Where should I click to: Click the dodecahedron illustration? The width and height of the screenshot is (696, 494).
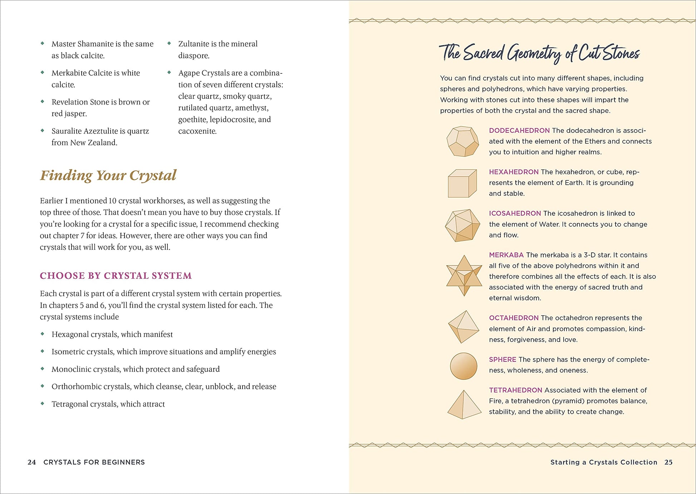point(462,141)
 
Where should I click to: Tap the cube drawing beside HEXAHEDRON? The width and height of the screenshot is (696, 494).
point(462,183)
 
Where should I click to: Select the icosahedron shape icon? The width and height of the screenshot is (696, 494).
point(462,226)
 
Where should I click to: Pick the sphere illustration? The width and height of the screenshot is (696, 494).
point(464,366)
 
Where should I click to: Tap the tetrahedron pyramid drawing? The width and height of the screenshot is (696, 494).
point(464,405)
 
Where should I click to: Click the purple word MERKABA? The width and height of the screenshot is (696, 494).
point(506,255)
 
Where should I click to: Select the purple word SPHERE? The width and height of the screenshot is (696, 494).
point(503,359)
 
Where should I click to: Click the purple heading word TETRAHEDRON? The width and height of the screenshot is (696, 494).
point(515,390)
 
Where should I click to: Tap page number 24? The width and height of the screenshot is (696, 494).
point(31,462)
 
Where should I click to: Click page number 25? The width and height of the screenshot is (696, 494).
point(668,462)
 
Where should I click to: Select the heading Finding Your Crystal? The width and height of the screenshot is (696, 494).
point(108,175)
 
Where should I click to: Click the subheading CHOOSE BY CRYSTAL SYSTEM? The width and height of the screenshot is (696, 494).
point(116,276)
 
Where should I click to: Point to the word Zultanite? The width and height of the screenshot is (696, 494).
point(193,44)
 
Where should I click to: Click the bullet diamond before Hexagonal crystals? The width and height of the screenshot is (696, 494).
point(43,334)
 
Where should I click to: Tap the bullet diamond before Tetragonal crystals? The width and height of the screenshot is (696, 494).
point(43,403)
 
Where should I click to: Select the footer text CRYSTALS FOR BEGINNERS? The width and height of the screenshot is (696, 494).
point(94,462)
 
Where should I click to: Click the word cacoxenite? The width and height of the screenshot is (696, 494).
point(197,131)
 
